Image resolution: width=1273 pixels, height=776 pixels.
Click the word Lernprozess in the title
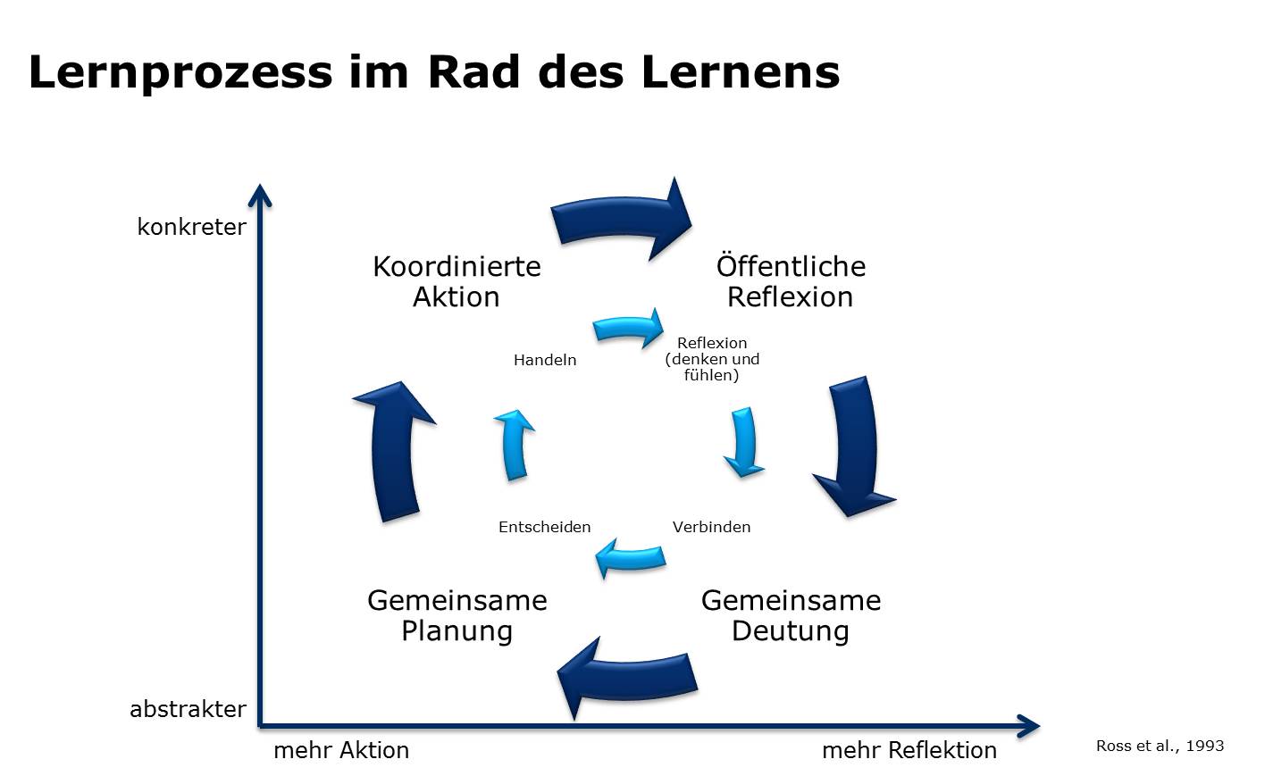coord(179,71)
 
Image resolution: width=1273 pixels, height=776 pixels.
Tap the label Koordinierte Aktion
coord(456,281)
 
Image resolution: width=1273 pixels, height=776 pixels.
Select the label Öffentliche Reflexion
coord(791,281)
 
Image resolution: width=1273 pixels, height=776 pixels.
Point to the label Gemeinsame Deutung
coord(791,615)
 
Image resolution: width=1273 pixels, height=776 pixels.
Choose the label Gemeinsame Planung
coord(456,615)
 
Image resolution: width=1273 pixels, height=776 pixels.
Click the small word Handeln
coord(545,360)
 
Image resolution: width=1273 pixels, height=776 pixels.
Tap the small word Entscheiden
coord(545,527)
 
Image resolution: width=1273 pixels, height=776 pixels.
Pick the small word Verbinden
coord(711,527)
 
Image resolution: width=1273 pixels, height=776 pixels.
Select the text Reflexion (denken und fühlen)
coord(712,359)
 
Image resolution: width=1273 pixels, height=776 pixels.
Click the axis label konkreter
coord(191,227)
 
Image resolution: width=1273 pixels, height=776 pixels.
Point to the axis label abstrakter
coord(188,709)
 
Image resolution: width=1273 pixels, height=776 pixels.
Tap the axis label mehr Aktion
coord(341,750)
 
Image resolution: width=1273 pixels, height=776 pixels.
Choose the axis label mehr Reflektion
coord(909,750)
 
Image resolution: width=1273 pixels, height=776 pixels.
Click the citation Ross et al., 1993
coord(1160,746)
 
